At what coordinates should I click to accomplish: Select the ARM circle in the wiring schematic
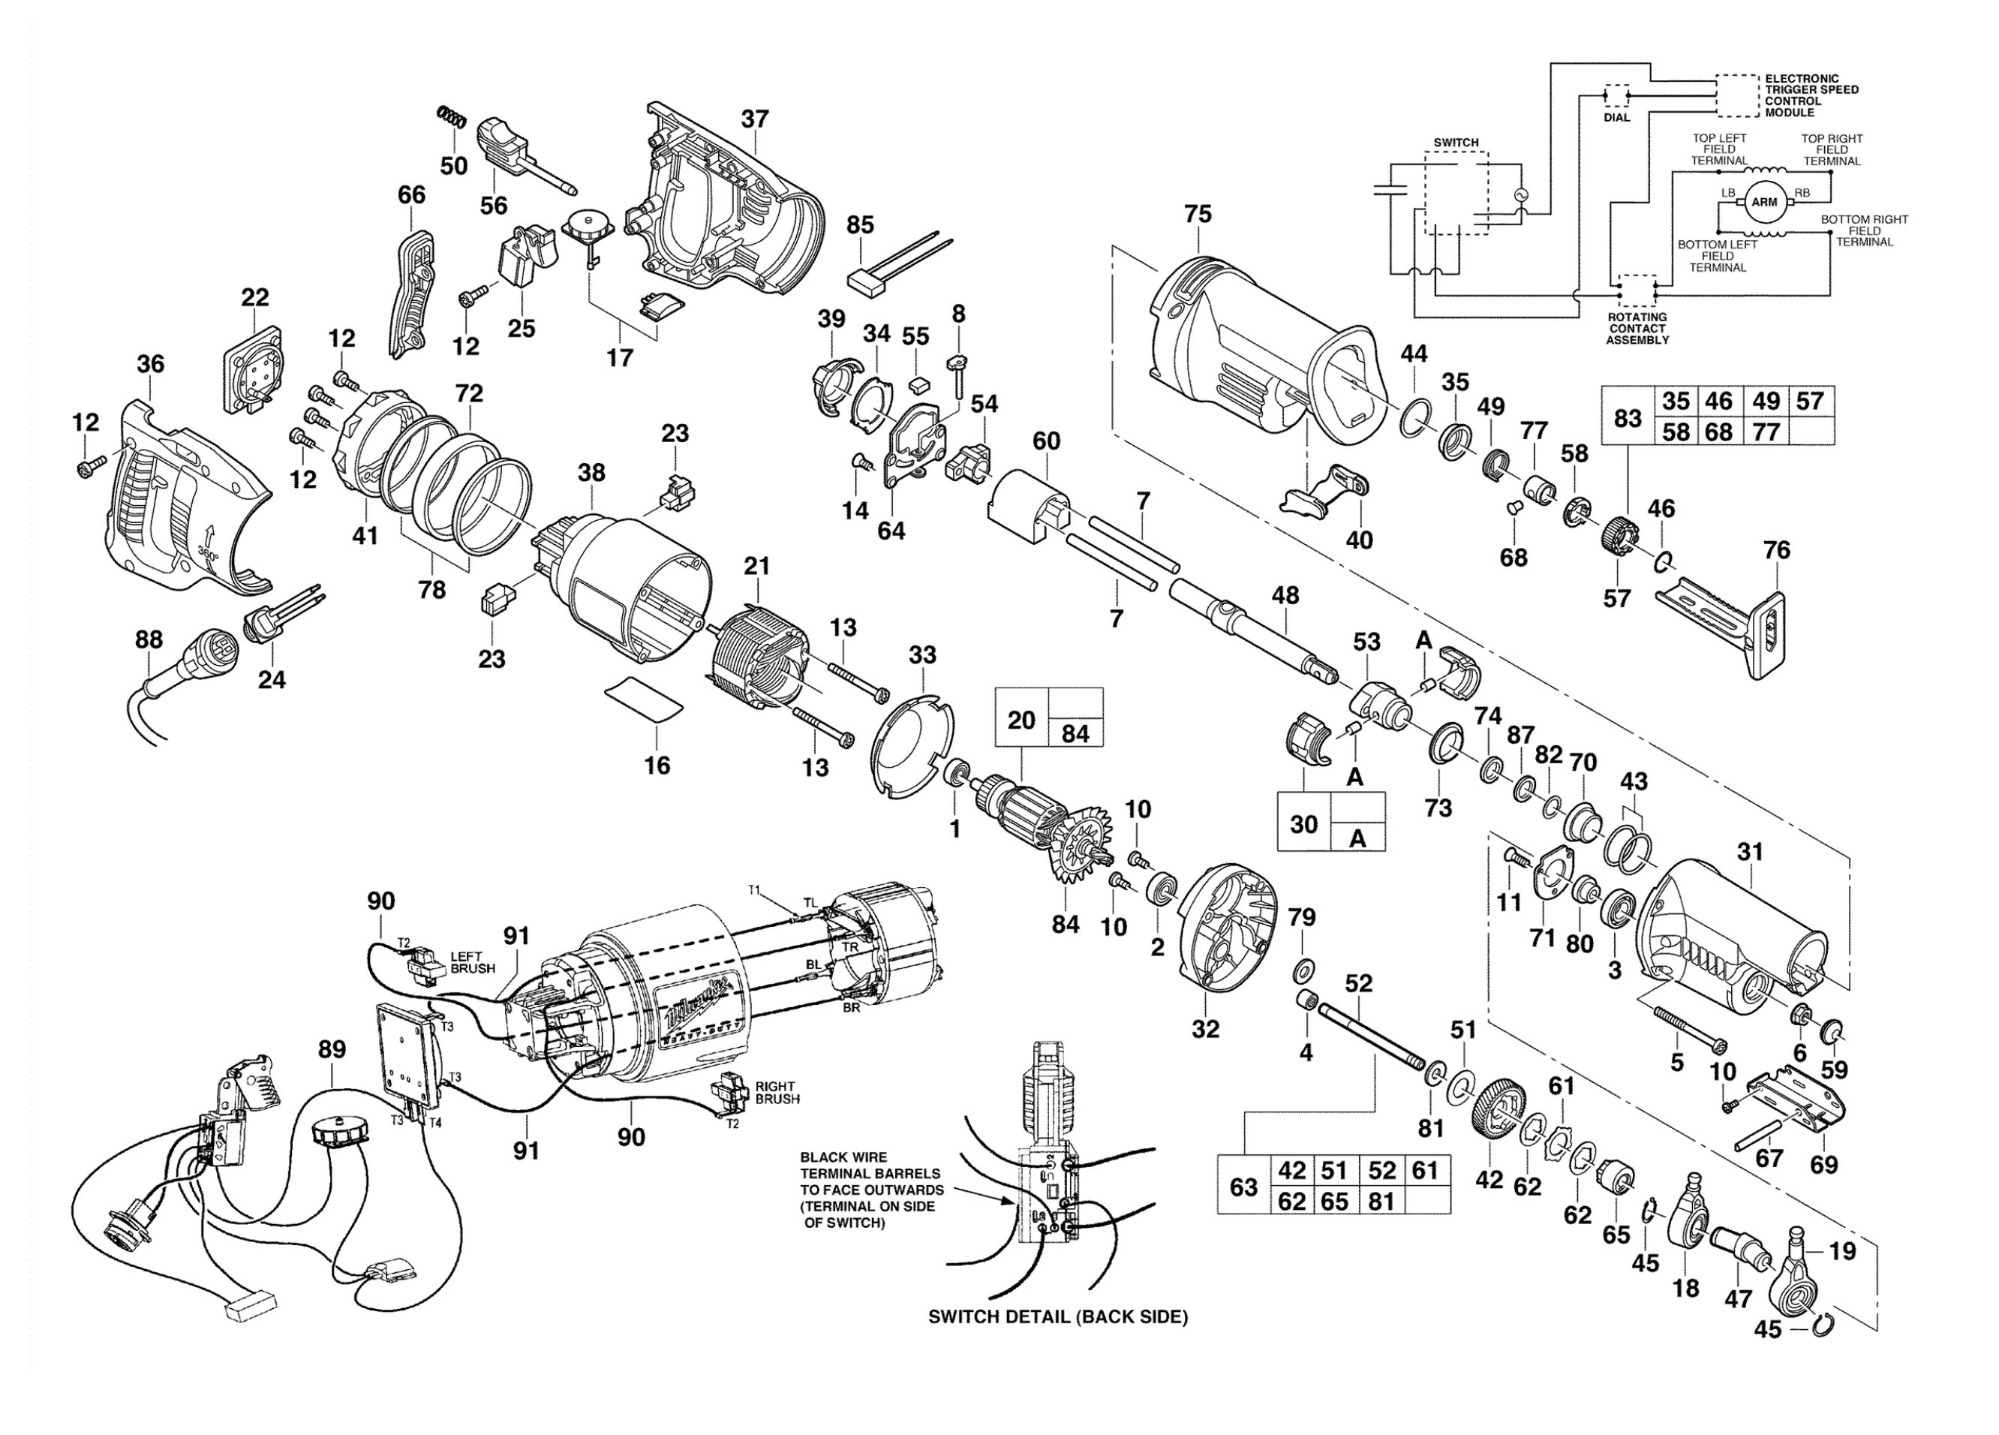[x=1763, y=203]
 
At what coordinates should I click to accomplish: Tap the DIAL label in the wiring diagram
[x=1616, y=117]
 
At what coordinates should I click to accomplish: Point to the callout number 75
[x=1198, y=214]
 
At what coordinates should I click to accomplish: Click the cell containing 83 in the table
[x=1628, y=416]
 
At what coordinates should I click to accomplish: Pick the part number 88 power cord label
[x=149, y=640]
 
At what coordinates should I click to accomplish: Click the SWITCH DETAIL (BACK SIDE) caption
[x=1058, y=1317]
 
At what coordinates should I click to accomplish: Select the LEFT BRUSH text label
[x=473, y=962]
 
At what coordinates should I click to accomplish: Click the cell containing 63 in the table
[x=1243, y=1187]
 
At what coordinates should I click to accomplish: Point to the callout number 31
[x=1750, y=853]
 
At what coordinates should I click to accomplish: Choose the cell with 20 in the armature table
[x=1021, y=721]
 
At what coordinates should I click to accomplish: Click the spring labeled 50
[x=450, y=116]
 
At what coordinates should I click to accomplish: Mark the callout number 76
[x=1776, y=551]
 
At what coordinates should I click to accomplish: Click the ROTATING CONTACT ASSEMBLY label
[x=1637, y=328]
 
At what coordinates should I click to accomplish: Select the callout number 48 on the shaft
[x=1285, y=596]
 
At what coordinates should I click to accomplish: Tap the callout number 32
[x=1206, y=1029]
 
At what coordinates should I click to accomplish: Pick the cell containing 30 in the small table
[x=1304, y=823]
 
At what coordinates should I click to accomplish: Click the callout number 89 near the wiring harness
[x=332, y=1050]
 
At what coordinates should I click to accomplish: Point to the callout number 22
[x=254, y=297]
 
